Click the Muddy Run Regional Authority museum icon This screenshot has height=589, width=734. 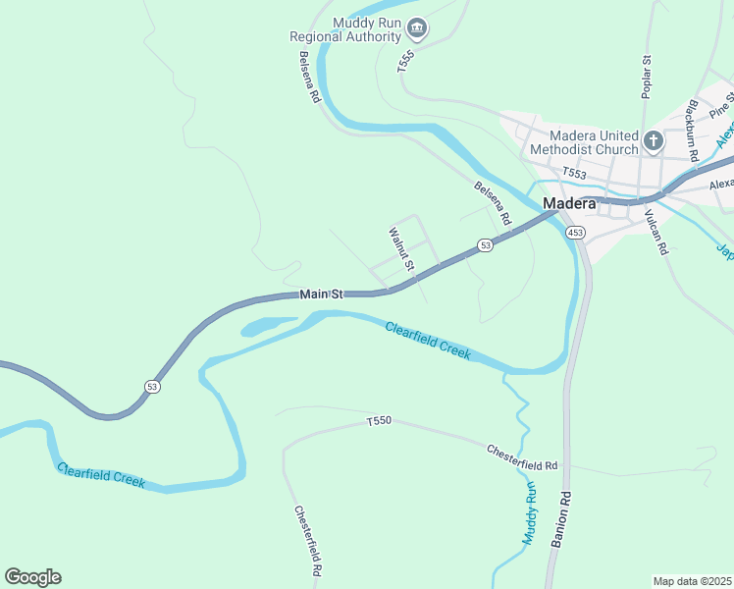coord(417,28)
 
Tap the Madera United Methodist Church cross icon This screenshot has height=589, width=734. coord(655,142)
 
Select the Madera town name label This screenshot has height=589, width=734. coord(569,203)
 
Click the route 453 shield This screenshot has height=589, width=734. coord(576,233)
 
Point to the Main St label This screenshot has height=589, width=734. coord(321,294)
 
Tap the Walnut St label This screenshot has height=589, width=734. coord(402,250)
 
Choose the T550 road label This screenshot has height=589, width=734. coord(379,421)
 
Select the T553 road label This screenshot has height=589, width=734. coord(574,173)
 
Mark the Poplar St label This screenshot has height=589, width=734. coord(647,77)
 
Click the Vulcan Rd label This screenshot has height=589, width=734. coord(655,233)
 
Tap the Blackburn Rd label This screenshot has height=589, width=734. coord(693,130)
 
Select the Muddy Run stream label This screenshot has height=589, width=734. coord(530,513)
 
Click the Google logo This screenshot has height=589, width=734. coord(32,577)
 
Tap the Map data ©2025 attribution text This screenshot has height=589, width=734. coord(692,580)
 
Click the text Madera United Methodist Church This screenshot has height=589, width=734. coord(582,142)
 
